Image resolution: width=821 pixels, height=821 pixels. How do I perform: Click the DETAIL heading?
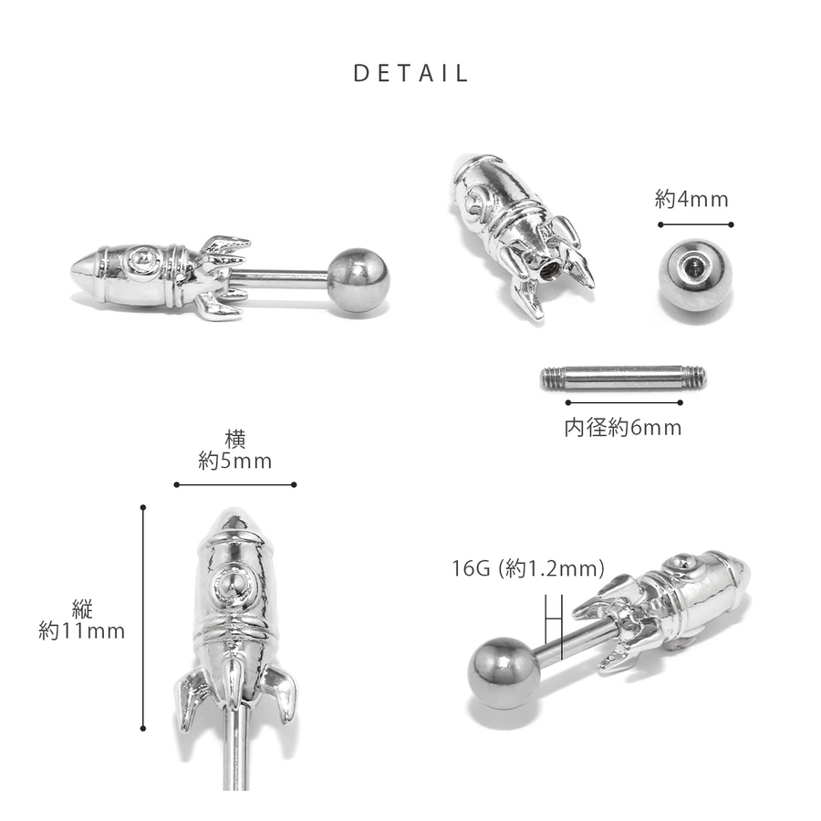click(x=410, y=73)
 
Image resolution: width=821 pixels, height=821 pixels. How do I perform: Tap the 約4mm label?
click(x=691, y=200)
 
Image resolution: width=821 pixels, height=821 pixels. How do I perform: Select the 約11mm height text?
click(x=82, y=631)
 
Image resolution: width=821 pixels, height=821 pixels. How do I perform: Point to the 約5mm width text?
click(x=235, y=462)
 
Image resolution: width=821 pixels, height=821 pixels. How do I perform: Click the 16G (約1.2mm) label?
click(x=528, y=568)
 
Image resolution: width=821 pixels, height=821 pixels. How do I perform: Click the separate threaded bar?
click(x=623, y=378)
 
